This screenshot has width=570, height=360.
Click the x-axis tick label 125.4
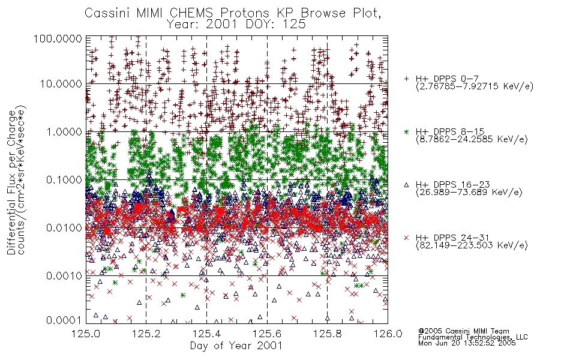pos(207,334)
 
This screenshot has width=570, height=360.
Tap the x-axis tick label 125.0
pos(86,334)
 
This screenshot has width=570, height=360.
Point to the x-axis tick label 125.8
pos(328,334)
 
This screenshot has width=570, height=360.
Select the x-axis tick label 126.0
pos(388,334)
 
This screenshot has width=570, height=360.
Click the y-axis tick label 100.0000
pos(58,38)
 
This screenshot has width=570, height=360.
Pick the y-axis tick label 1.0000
pos(64,131)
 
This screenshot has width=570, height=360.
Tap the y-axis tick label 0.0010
pos(64,275)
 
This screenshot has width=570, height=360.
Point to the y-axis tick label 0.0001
pos(64,320)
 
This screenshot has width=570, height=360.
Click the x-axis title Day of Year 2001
pos(236,346)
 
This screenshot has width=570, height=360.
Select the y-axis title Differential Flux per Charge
pos(11,182)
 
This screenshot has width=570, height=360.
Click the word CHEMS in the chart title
pos(191,13)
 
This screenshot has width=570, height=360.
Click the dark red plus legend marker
pos(407,79)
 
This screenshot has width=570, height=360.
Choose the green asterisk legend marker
pos(407,131)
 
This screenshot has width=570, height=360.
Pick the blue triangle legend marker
pos(407,185)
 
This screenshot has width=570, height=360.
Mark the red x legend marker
pos(407,238)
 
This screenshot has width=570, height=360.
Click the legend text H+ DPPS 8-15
pos(451,131)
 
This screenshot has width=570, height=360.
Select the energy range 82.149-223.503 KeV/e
pos(472,245)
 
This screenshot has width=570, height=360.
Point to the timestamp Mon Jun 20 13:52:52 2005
pos(467,343)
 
